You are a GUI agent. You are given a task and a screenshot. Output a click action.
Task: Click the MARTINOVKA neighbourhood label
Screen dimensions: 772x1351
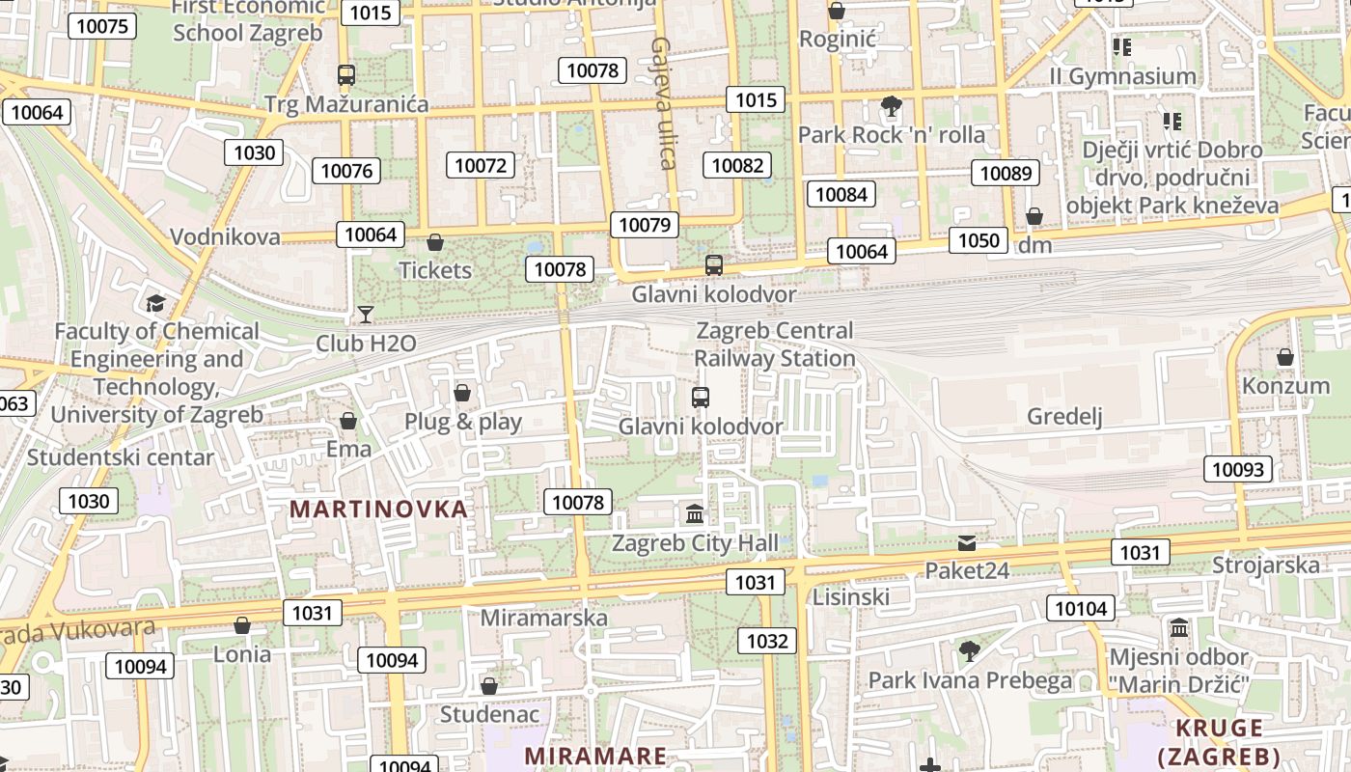coord(378,509)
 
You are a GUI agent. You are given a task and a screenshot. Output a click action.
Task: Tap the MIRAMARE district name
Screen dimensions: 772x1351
coord(595,756)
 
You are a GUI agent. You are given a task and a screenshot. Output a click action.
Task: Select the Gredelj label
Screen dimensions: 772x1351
coord(1064,417)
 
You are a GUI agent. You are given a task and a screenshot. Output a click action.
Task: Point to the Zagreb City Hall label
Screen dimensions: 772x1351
coord(695,543)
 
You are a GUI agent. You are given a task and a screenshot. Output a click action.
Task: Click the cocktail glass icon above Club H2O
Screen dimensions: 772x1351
coord(366,314)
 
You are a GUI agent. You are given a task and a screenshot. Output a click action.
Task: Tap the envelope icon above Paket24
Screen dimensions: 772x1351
coord(967,543)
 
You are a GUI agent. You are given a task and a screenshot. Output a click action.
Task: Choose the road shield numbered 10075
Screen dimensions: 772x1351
coord(101,26)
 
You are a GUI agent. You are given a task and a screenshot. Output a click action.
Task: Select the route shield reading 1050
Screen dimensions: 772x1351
coord(978,240)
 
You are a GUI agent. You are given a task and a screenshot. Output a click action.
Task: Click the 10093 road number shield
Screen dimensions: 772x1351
coord(1237,470)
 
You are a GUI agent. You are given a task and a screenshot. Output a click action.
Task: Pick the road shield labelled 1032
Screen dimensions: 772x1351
coord(767,641)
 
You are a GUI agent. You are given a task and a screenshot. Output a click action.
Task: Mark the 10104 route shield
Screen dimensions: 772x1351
coord(1081,608)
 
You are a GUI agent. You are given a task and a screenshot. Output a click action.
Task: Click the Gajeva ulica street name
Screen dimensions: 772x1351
coord(662,103)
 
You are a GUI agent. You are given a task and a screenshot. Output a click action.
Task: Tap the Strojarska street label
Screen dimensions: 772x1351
coord(1265,565)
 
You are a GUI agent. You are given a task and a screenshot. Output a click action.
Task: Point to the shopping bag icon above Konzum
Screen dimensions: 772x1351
coord(1285,357)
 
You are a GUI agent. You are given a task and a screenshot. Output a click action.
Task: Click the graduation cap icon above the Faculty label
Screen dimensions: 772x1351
coord(155,304)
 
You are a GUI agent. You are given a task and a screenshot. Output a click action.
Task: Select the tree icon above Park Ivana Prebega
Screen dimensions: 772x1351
coord(970,651)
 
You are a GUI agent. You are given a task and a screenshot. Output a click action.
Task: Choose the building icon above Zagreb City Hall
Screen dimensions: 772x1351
coord(695,513)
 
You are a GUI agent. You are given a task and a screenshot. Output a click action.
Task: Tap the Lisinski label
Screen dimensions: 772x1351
coord(850,596)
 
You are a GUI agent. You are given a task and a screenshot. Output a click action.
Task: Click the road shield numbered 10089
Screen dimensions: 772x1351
coord(1006,174)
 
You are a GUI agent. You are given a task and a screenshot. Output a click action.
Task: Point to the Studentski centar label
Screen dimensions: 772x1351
coord(120,456)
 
